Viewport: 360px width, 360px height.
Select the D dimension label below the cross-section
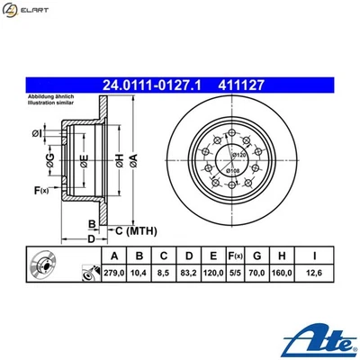[x=91, y=239]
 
